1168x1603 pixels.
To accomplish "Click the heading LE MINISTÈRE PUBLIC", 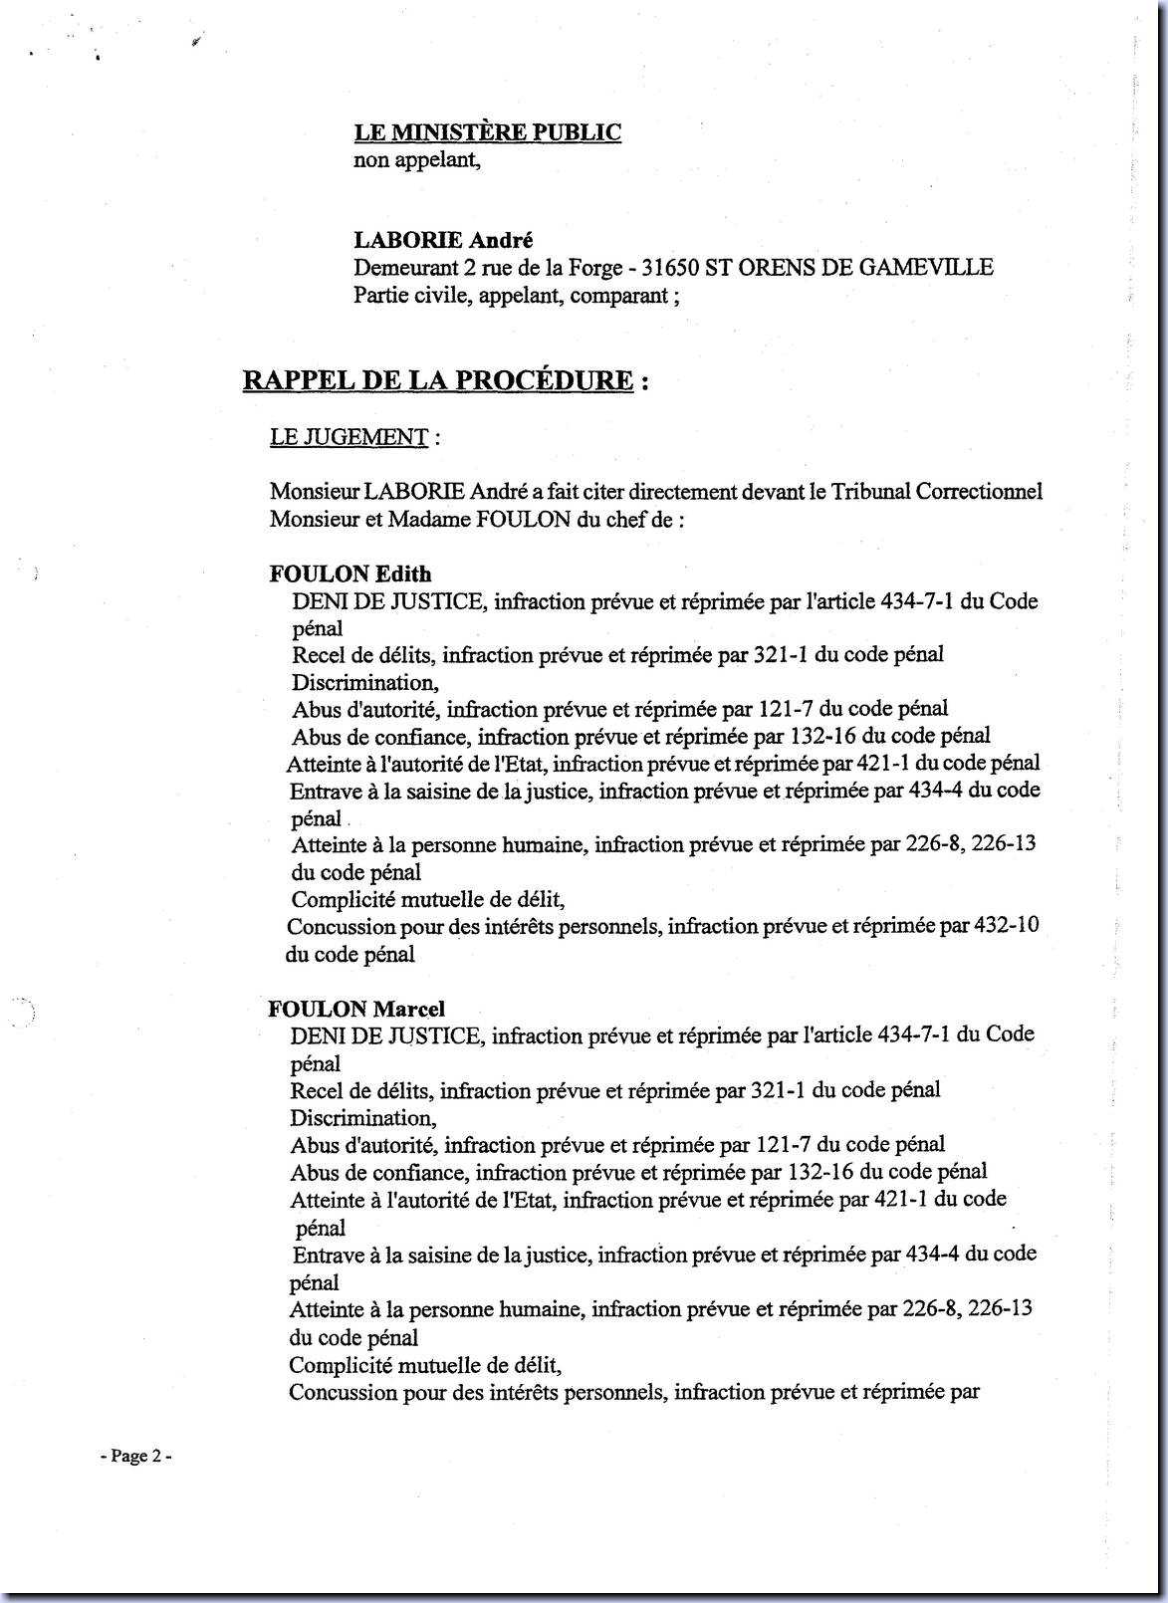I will pos(488,132).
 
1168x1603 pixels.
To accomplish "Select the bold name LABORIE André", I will pos(429,240).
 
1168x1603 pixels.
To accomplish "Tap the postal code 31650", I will pos(672,268).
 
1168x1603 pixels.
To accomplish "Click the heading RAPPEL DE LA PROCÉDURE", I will pos(438,380).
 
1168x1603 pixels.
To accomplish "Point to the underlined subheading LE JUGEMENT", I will pos(349,437).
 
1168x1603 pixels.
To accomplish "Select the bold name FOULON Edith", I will pos(350,573).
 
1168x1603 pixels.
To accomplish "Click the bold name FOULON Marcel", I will pos(356,1008).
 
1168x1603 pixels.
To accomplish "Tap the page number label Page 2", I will pos(137,1456).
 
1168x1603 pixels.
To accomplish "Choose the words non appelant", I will pos(417,159).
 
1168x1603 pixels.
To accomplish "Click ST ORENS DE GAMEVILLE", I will pos(848,268).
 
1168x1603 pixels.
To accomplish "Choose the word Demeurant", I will pos(402,268).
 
